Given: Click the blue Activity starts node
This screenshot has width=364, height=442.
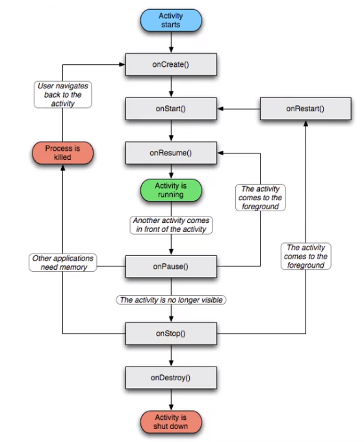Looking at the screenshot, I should [x=170, y=20].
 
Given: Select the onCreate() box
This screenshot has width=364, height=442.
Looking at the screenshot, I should [x=170, y=64].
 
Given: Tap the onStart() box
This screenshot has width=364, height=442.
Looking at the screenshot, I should [x=170, y=109].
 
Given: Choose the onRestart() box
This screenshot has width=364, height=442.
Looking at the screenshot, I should [x=304, y=109].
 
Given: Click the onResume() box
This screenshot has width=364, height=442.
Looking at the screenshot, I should [x=170, y=153].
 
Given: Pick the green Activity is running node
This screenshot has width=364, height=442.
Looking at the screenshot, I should [x=170, y=190].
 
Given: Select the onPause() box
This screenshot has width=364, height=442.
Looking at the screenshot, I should [x=170, y=266].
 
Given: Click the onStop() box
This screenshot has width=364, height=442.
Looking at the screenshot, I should [x=170, y=333].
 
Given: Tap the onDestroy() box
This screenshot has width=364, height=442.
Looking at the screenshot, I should [x=170, y=377].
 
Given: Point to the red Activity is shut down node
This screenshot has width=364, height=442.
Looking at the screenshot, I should [x=170, y=421].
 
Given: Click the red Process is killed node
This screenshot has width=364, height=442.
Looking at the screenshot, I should [x=63, y=153].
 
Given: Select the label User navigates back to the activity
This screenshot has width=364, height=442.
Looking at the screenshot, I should [x=63, y=94].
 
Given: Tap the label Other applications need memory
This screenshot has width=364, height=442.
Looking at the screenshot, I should [x=63, y=263].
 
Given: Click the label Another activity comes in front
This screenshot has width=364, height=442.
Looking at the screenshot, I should [x=170, y=225].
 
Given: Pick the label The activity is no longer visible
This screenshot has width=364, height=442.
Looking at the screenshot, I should [x=170, y=300].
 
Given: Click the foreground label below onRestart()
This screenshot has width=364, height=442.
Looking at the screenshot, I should [x=305, y=256].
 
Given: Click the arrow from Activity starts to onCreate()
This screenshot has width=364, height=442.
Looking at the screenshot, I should [x=170, y=42].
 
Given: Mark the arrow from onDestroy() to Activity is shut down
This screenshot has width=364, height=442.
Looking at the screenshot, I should [x=170, y=398].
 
